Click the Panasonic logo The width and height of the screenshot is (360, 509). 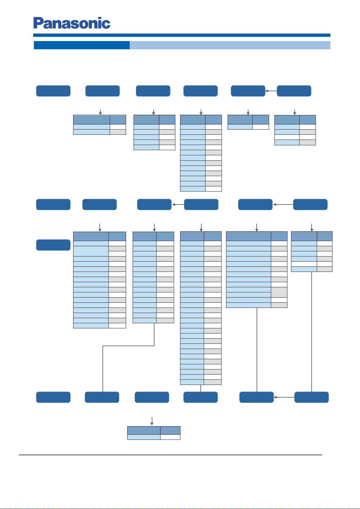coord(72,23)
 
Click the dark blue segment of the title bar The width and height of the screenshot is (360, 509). coord(82,45)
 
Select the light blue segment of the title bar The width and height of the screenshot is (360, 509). coord(230,45)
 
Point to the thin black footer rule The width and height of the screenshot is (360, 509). coord(170,455)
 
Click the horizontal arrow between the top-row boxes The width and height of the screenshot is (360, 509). coord(271,91)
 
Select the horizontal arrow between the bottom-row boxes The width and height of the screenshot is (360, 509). coord(284,397)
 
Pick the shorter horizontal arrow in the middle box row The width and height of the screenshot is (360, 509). coord(178,205)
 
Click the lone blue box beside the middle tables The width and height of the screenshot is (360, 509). coord(53,245)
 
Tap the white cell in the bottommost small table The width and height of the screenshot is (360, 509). coord(170,437)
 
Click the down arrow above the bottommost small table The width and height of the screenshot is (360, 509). coord(152,421)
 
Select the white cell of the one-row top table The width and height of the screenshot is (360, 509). coord(261,127)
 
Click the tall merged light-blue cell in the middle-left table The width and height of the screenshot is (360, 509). coord(91,251)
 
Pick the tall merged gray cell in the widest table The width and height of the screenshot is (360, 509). coord(279,292)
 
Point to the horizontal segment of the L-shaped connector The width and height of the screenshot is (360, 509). coord(128,346)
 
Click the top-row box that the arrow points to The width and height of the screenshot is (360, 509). coord(248,91)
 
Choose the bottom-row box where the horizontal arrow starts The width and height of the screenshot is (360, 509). coord(312,397)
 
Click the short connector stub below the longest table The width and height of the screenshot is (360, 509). coord(201,388)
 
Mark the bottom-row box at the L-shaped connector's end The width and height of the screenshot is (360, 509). coord(102,397)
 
